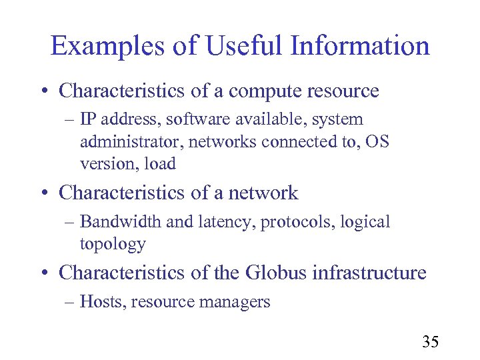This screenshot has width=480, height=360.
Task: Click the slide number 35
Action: [430, 343]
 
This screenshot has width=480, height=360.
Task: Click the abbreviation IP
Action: [87, 120]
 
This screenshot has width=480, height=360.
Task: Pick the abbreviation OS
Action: [377, 142]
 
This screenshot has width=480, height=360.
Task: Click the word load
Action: [161, 164]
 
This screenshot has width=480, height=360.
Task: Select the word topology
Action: [112, 245]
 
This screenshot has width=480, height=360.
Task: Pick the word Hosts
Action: [102, 302]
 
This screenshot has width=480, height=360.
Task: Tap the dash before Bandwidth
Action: [71, 222]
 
